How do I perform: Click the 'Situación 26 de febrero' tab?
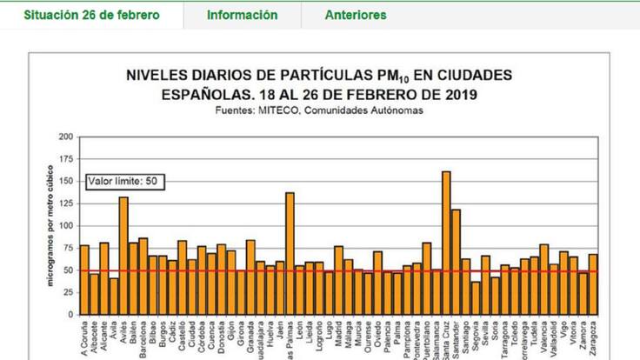point(91,15)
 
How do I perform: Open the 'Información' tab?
point(243,15)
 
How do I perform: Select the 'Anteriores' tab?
point(356,15)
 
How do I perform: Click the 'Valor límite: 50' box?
point(125,182)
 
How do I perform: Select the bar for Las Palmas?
point(290,252)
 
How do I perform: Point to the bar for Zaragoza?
point(593,283)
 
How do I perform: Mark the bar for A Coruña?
point(84,279)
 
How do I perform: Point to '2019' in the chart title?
point(457,94)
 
